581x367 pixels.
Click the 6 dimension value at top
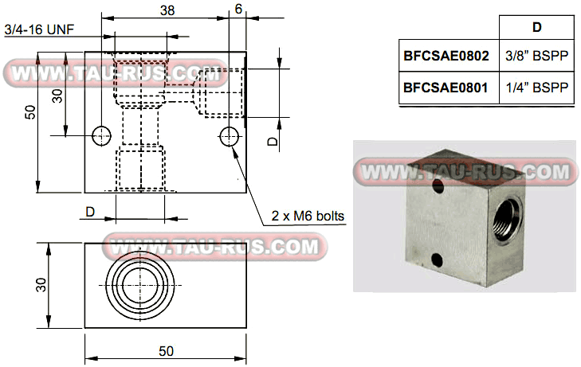238,10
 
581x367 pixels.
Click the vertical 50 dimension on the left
29,112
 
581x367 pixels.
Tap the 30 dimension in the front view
57,95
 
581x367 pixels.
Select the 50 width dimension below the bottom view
166,350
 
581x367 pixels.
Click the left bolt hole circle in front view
101,136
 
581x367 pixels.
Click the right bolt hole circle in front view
230,136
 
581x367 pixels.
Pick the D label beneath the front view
90,212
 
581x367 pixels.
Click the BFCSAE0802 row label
446,57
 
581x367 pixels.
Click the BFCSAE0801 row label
446,88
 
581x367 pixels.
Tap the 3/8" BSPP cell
536,57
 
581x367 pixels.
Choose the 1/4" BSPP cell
536,88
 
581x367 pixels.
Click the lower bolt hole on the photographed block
436,258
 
